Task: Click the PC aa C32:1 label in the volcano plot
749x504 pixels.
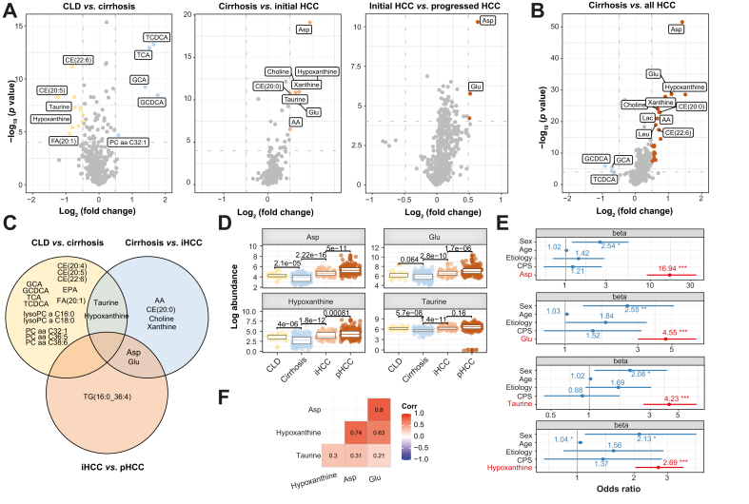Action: pos(115,141)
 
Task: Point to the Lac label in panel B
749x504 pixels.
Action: pos(647,118)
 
